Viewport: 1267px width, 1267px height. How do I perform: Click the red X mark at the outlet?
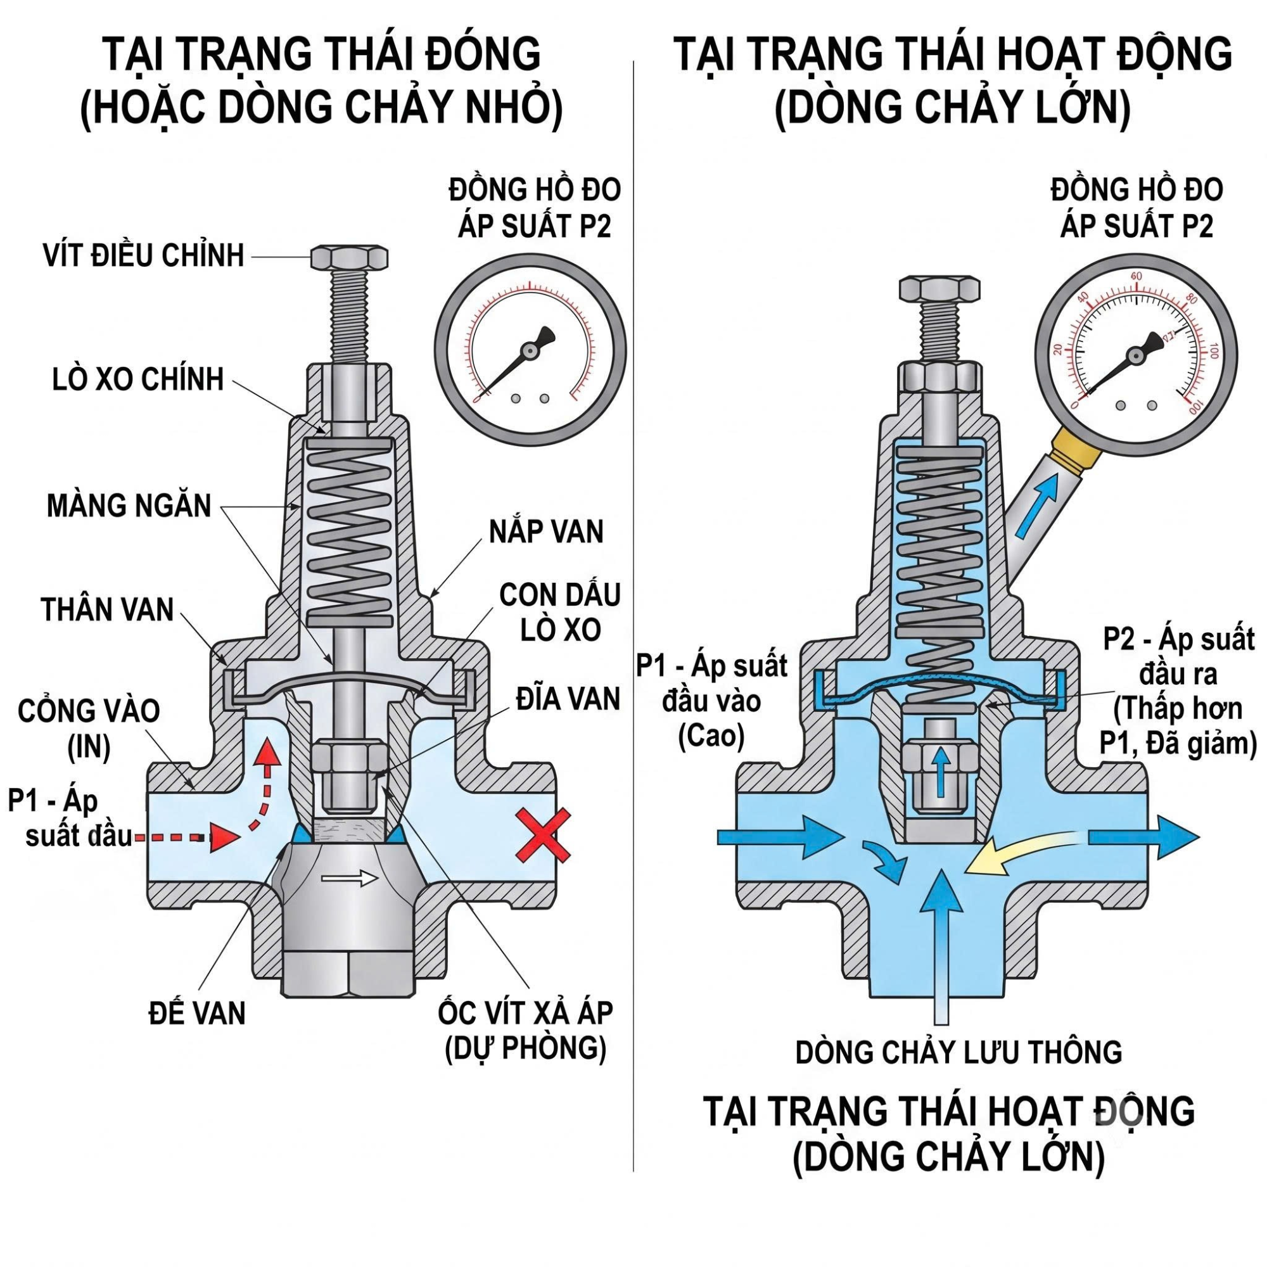click(543, 836)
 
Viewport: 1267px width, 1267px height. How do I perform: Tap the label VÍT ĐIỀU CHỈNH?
click(144, 255)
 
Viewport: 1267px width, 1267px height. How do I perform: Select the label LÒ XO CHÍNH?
click(138, 379)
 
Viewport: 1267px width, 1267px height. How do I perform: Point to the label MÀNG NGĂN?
click(129, 506)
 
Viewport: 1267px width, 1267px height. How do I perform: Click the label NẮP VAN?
click(546, 532)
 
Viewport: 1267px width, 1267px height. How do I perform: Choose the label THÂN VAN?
click(108, 609)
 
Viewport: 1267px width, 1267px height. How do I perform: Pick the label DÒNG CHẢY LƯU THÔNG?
click(958, 1052)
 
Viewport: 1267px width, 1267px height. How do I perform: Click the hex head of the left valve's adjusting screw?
click(350, 258)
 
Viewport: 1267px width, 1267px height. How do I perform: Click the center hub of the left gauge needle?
click(529, 351)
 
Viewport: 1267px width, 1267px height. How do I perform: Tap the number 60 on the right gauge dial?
click(1136, 276)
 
